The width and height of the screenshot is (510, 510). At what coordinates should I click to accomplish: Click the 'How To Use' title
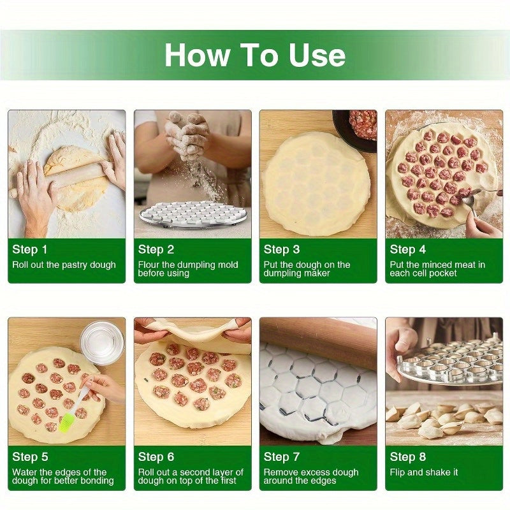(255, 55)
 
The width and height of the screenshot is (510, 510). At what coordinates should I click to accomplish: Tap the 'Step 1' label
(29, 250)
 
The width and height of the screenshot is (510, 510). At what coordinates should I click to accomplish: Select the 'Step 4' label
(407, 250)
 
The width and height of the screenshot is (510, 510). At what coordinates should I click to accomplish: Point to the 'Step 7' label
(281, 457)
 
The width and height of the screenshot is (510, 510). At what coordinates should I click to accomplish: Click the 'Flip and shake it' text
(423, 472)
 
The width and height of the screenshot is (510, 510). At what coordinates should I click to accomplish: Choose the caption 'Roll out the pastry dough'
(64, 265)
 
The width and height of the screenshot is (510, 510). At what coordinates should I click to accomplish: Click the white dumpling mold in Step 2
(193, 214)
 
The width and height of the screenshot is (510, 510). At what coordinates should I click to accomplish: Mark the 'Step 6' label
(156, 457)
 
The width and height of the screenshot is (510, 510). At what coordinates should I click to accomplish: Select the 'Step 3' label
(281, 250)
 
